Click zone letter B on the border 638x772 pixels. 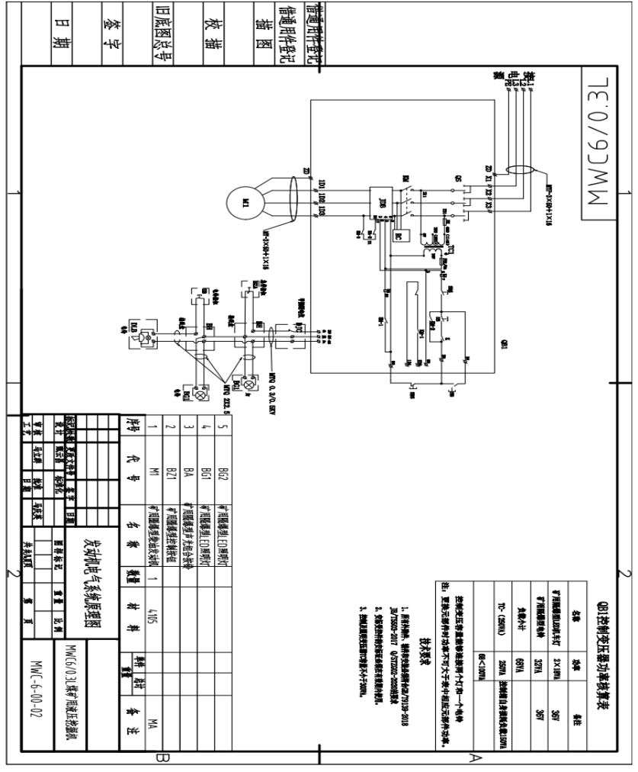coord(161,758)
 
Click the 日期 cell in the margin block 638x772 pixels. coord(64,34)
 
